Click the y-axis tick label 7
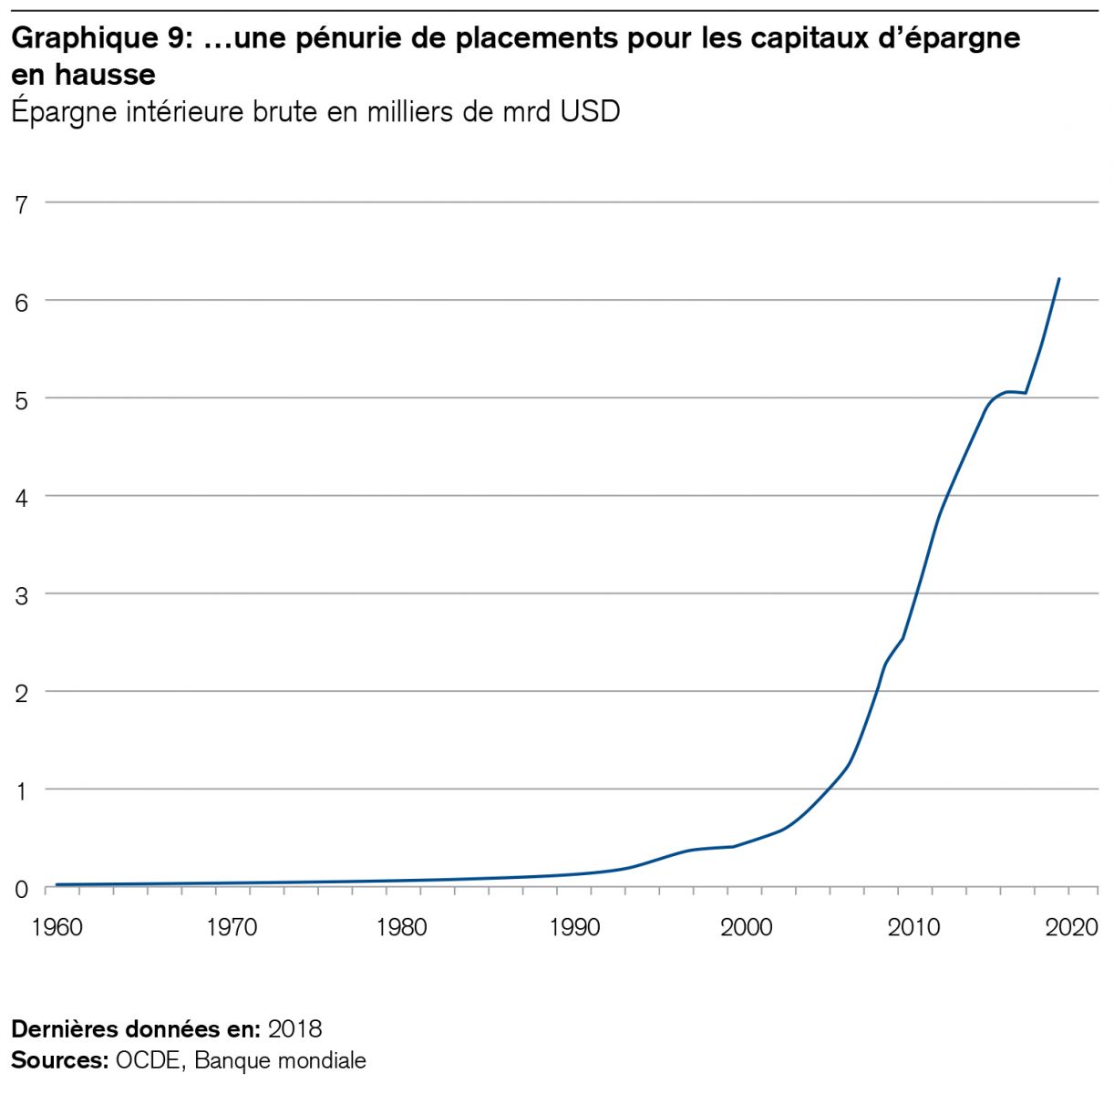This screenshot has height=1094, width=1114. pos(20,202)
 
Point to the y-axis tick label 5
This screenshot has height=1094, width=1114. pos(20,398)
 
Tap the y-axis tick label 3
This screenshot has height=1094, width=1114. pos(20,594)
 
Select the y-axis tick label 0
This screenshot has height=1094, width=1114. pos(20,887)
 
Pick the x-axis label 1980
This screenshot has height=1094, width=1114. pos(402,927)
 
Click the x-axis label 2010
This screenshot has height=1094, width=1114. pos(914,927)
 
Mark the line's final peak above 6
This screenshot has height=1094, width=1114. pos(1058,279)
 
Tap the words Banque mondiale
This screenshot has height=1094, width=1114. pos(280,1060)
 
